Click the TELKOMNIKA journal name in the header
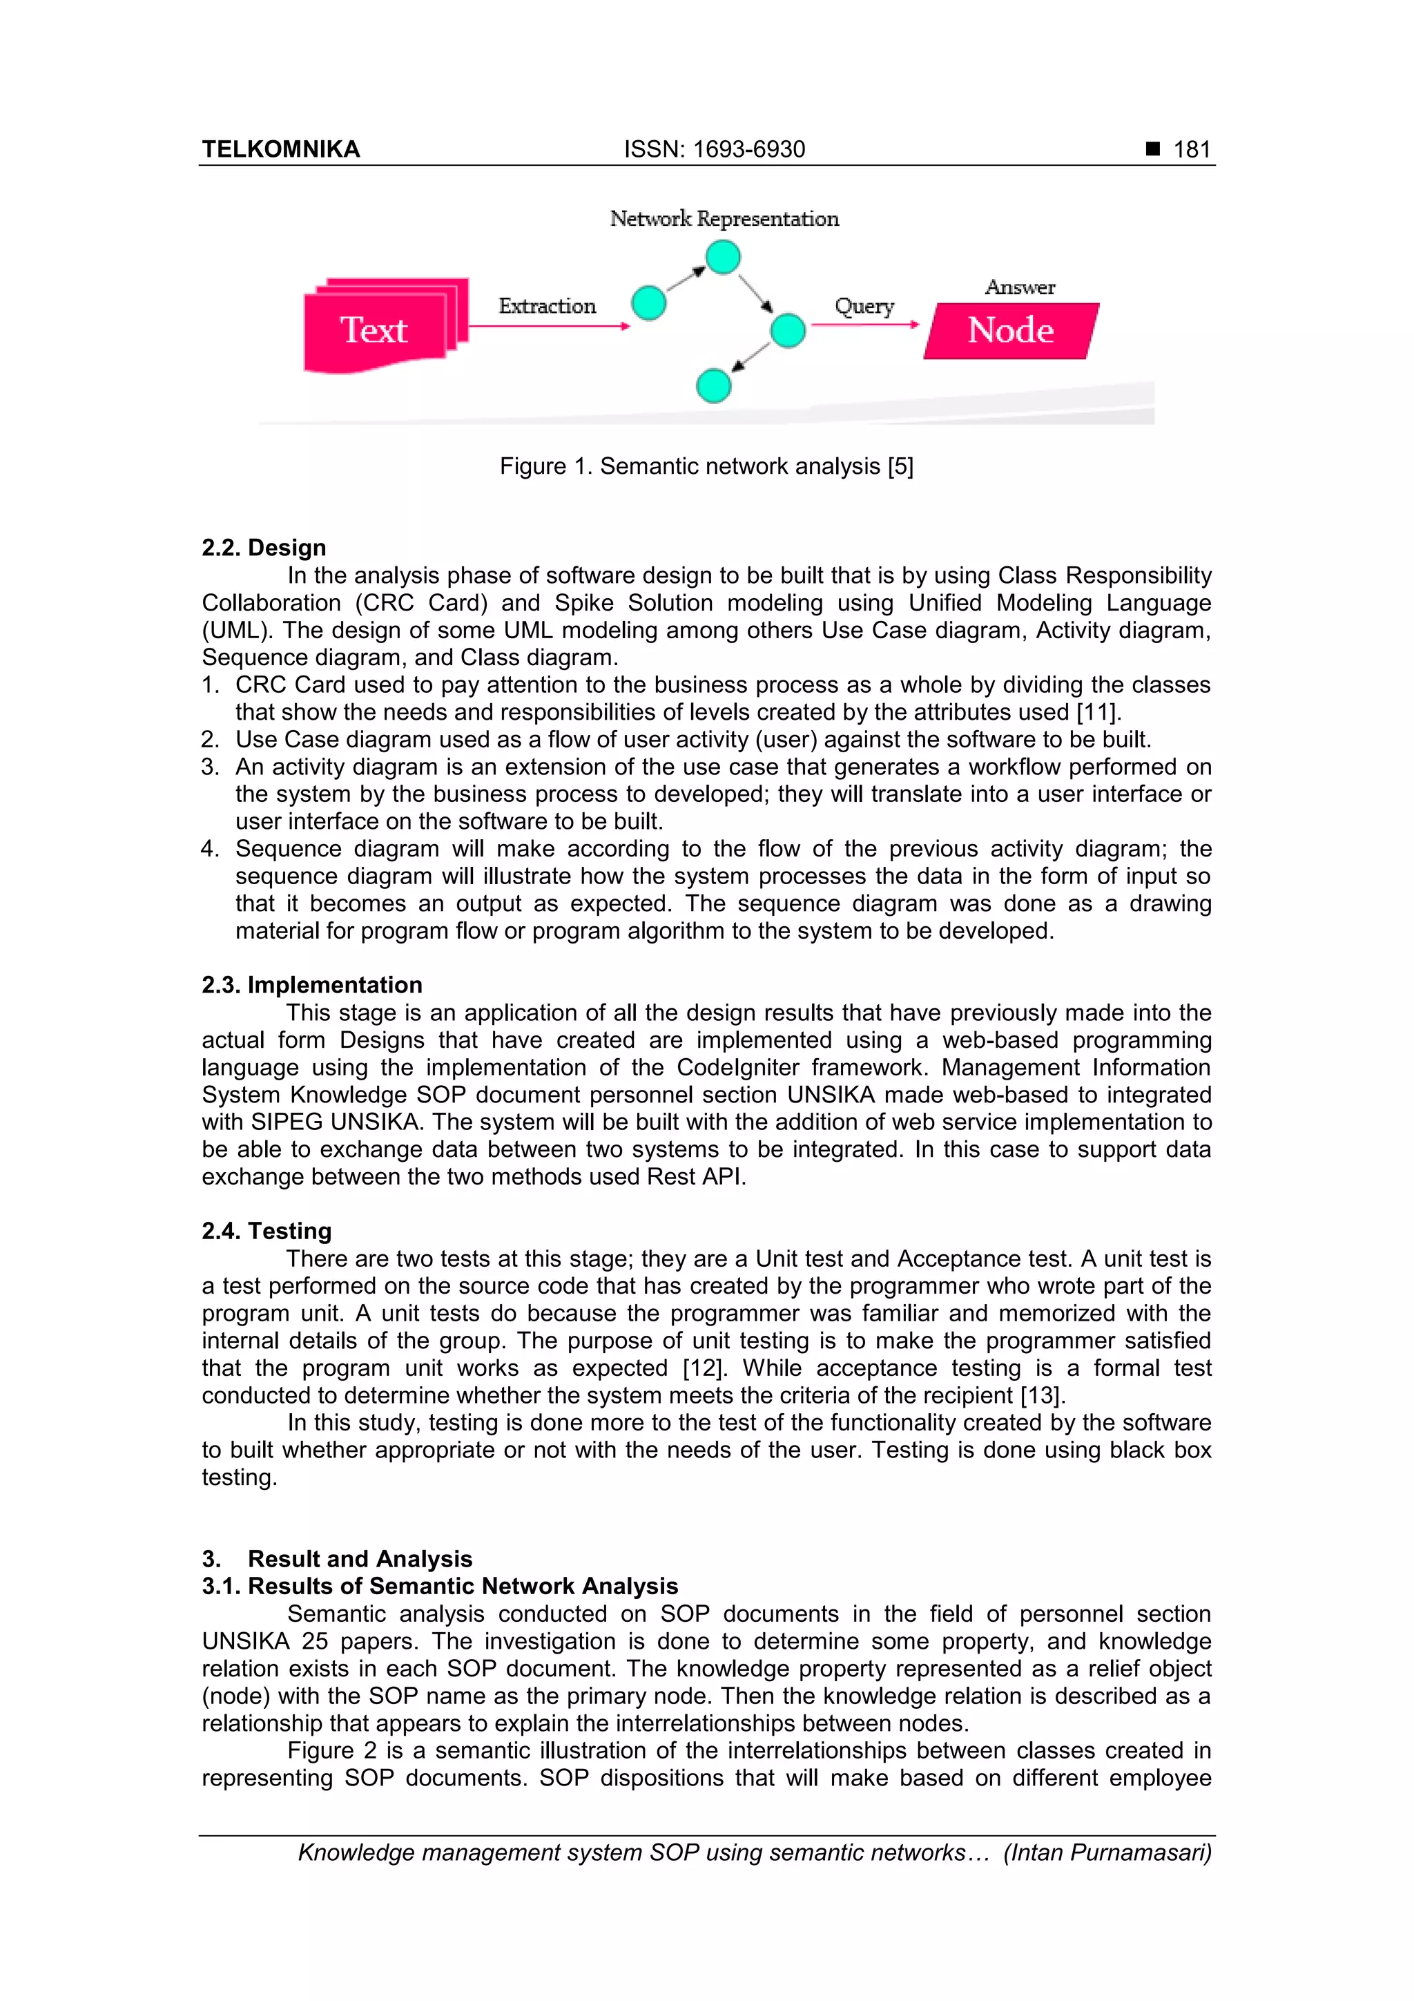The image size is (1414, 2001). point(280,149)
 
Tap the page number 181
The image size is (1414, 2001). point(1191,149)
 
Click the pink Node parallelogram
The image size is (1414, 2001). point(1011,330)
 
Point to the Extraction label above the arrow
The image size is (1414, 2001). point(547,306)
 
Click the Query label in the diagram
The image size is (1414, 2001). point(864,306)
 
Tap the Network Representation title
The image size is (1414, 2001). point(724,219)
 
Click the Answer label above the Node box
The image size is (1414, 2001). point(1019,287)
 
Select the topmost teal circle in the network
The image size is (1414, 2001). point(722,257)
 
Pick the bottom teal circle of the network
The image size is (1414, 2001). point(713,385)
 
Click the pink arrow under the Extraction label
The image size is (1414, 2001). point(549,326)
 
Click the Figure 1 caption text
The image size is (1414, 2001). point(706,466)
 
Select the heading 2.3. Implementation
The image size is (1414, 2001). point(312,985)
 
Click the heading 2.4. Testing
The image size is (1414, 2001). point(267,1231)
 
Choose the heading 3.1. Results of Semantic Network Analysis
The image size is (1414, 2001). point(440,1586)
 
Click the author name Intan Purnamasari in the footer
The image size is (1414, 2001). point(1107,1852)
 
